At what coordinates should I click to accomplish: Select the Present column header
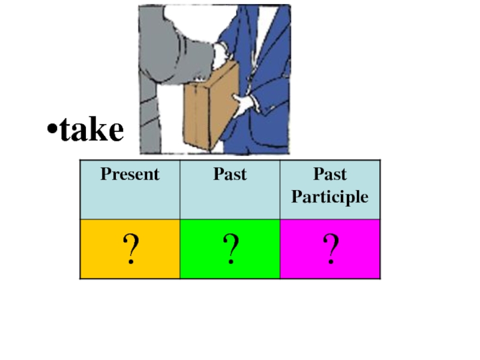(x=130, y=175)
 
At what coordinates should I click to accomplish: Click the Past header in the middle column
(x=230, y=175)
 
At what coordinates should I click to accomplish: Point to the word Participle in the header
(x=329, y=197)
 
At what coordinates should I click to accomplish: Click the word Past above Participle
(x=330, y=175)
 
